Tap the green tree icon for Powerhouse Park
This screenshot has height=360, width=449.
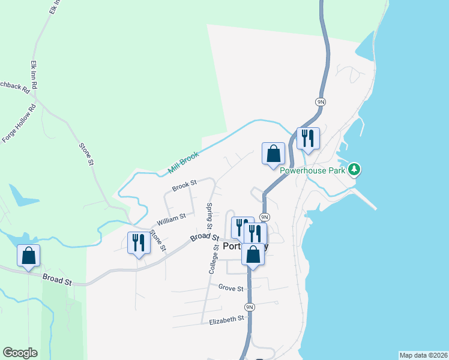[x=355, y=169]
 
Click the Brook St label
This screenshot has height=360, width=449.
[x=184, y=187]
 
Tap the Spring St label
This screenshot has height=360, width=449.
[x=210, y=216]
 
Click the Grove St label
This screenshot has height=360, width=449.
[x=231, y=288]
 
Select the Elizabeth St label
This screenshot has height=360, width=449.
[x=226, y=321]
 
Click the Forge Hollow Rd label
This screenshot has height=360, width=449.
[x=19, y=123]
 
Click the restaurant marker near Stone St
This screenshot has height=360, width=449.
[x=138, y=242]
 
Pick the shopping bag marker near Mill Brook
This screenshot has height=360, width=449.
[x=273, y=153]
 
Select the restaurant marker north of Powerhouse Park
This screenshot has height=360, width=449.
[x=308, y=139]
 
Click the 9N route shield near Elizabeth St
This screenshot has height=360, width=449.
[x=250, y=307]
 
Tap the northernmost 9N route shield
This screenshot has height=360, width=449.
[x=321, y=102]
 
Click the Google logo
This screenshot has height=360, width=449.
[x=20, y=353]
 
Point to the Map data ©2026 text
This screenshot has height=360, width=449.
[x=423, y=355]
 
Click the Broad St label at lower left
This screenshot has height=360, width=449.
[x=57, y=280]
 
